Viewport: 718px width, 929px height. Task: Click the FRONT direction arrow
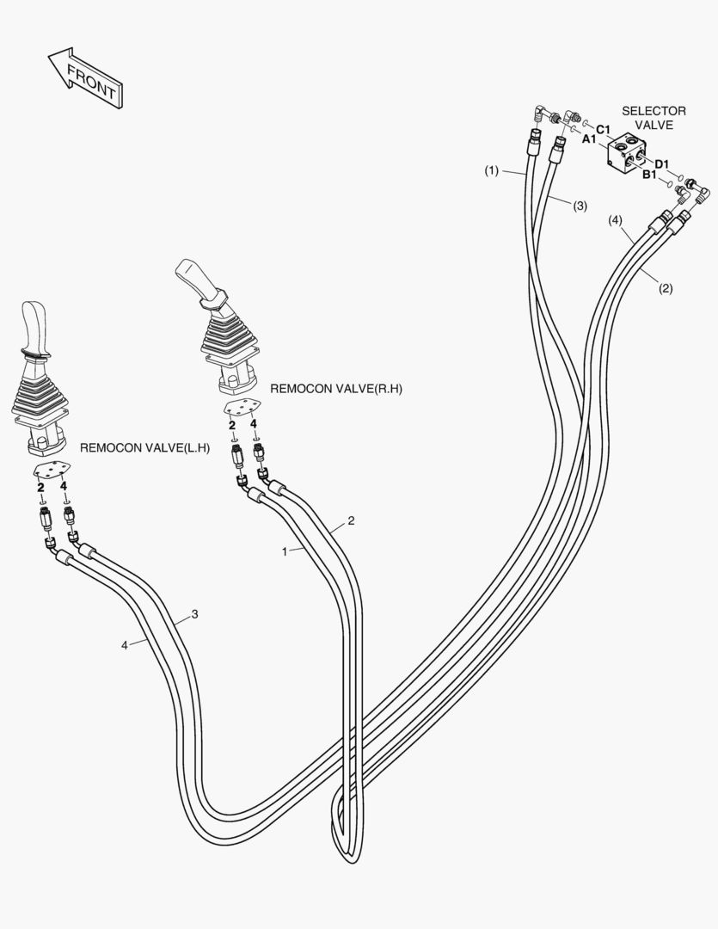coord(85,78)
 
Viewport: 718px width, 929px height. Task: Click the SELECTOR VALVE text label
coord(654,117)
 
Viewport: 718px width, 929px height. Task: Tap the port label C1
coord(603,130)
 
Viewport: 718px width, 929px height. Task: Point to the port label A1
coord(589,138)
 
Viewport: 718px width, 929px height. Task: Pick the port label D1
coord(662,163)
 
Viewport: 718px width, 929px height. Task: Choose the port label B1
coord(650,175)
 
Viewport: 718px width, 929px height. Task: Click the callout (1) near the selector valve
coord(491,171)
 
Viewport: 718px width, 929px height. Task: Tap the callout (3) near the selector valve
coord(580,206)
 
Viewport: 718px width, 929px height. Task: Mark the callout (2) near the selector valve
coord(666,289)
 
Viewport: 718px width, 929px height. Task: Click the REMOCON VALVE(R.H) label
coord(336,389)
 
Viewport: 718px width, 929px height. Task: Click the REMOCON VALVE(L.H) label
coord(144,448)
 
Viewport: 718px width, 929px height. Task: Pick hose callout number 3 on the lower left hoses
coord(195,614)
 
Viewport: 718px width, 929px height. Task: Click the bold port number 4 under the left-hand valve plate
coord(64,487)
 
